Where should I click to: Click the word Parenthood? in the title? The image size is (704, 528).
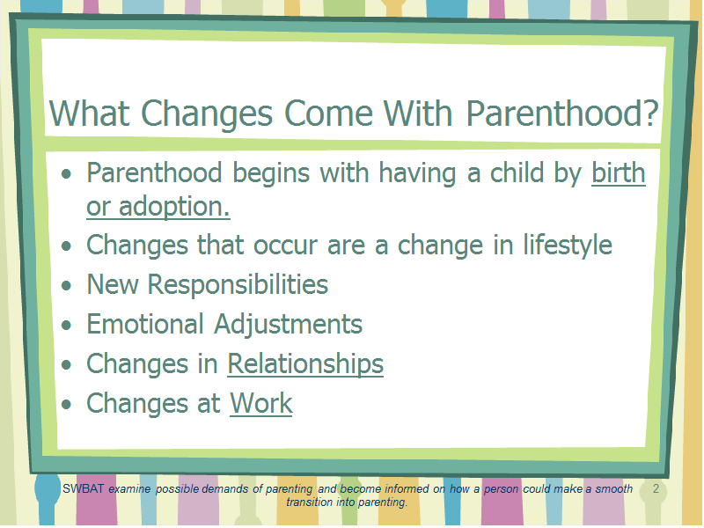click(x=562, y=114)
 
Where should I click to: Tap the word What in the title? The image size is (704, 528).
click(x=90, y=114)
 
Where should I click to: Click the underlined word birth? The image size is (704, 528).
click(x=619, y=172)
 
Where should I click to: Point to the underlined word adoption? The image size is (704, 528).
click(x=174, y=207)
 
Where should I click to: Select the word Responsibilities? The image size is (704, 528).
click(x=238, y=284)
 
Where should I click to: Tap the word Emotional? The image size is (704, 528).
click(x=145, y=324)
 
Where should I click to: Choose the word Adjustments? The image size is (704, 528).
click(x=289, y=325)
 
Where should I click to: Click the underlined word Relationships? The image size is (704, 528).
click(x=305, y=364)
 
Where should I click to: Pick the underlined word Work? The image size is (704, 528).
click(x=260, y=403)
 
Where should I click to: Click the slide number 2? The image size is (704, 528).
click(x=656, y=489)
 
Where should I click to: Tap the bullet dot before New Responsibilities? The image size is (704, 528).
click(x=67, y=285)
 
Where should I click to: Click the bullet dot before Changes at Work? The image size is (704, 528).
click(x=67, y=404)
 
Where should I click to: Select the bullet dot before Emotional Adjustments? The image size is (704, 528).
click(x=67, y=325)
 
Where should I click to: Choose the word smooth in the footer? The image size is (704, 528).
click(x=613, y=489)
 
